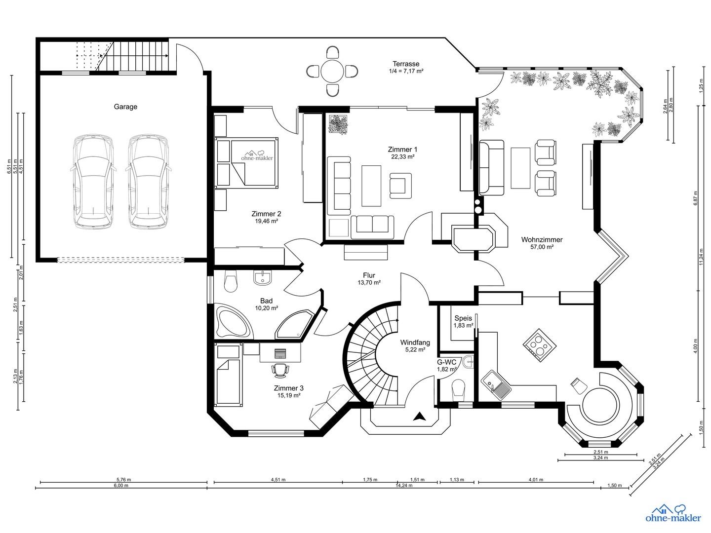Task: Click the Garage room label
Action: coord(125,107)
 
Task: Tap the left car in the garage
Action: coord(93,182)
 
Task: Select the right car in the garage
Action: coord(149,182)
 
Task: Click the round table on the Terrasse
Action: coord(332,71)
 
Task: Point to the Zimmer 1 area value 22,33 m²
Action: coord(402,156)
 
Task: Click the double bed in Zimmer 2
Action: coord(246,162)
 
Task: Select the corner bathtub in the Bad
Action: coord(233,321)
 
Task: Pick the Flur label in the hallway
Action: coord(369,275)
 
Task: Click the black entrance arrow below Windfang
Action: coord(420,417)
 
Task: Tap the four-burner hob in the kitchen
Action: coord(540,345)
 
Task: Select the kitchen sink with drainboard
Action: coord(496,385)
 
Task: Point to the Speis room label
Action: coord(463,318)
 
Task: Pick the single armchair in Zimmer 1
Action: coord(401,186)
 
